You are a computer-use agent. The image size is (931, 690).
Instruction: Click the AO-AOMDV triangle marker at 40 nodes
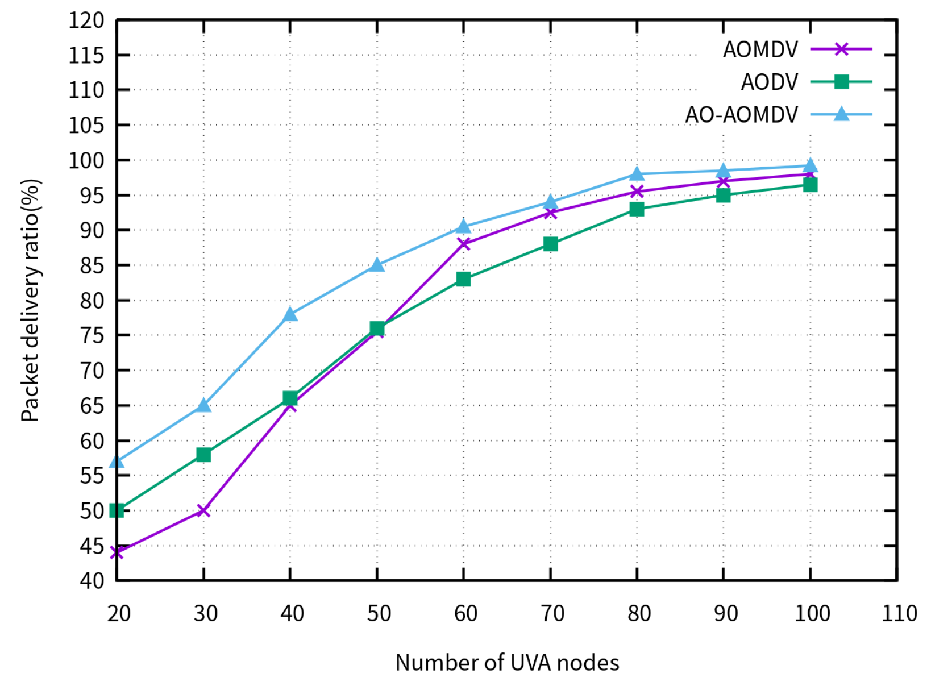290,314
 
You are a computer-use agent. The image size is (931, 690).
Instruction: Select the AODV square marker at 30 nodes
203,455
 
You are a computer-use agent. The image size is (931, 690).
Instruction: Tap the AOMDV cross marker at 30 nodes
203,510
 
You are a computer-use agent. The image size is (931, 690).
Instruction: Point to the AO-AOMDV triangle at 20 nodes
117,462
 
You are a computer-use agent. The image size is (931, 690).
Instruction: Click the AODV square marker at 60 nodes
463,279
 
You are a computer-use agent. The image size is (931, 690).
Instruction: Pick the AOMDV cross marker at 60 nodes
463,244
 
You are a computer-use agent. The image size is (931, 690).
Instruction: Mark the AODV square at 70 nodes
550,244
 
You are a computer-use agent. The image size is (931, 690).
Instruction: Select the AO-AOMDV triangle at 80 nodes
637,174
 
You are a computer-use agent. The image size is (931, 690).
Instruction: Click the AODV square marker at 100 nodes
810,185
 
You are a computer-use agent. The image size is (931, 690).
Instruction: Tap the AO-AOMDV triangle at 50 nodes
377,265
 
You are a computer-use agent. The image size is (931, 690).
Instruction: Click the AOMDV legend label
760,50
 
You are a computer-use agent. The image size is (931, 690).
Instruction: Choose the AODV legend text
769,82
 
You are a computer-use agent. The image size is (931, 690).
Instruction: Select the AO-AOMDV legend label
741,115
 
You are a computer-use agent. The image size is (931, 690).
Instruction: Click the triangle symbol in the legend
841,114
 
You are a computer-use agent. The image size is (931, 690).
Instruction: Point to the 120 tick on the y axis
86,21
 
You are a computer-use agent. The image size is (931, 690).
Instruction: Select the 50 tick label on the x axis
379,614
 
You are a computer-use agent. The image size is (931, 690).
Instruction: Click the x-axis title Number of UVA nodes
507,663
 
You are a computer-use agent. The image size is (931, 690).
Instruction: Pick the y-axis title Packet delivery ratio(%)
31,300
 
